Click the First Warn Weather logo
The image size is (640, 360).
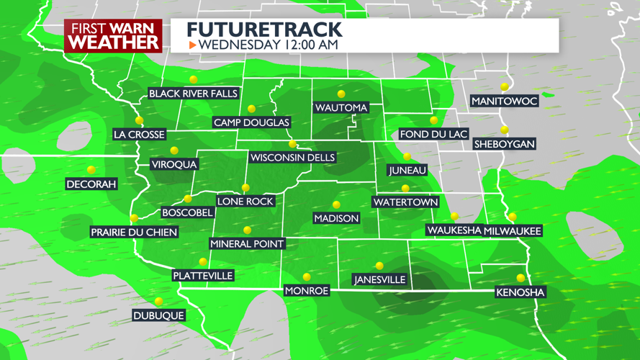[113, 35]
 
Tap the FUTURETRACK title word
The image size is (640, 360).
[264, 30]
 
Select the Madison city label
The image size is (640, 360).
[336, 218]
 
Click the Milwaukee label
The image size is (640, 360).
[512, 230]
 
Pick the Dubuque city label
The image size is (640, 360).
[158, 315]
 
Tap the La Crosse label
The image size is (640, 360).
[140, 134]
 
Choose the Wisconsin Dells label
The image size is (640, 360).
[292, 158]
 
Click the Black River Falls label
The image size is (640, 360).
[193, 94]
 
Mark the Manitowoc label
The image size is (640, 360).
[504, 101]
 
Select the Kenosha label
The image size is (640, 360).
[520, 292]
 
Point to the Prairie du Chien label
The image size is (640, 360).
[134, 232]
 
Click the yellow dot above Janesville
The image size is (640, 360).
[379, 266]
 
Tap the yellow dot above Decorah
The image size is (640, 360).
[91, 170]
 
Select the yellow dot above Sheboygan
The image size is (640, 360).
[505, 130]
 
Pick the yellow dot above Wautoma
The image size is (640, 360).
[341, 94]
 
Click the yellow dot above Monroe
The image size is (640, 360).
[307, 277]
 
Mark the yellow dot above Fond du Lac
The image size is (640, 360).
[434, 120]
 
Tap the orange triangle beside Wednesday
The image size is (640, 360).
[192, 45]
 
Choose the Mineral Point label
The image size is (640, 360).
[247, 243]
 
